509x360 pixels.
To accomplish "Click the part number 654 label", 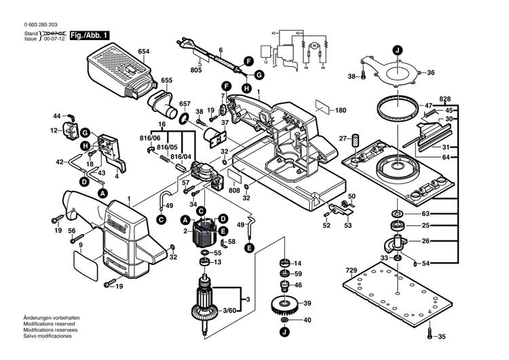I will coord(143,52).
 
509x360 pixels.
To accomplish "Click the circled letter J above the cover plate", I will coord(397,48).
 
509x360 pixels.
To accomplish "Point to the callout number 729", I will coord(350,271).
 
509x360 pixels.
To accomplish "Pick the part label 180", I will coord(340,110).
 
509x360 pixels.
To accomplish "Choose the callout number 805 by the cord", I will coord(196,71).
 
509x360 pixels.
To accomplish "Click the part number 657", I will coord(185,104).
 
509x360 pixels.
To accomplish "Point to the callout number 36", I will coord(430,73).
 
